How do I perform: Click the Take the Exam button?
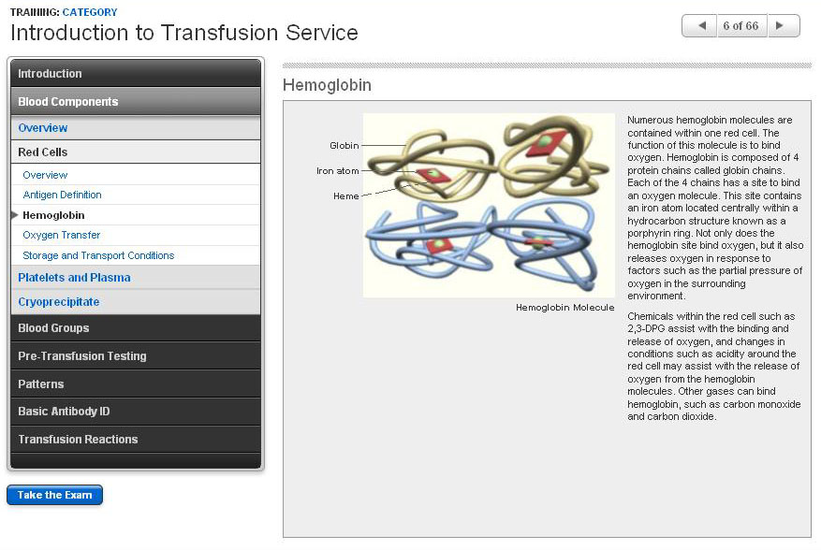coord(54,495)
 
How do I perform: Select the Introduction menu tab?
coord(136,73)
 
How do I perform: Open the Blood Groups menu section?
coord(136,328)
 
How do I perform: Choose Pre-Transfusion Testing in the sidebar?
coord(136,355)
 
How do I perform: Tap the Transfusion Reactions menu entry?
coord(136,439)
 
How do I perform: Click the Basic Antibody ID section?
coord(136,412)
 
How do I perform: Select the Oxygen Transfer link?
coord(61,235)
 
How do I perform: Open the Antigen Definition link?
coord(62,195)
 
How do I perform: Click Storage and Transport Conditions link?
coord(98,255)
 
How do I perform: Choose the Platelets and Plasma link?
coord(74,278)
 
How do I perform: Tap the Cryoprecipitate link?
coord(59,302)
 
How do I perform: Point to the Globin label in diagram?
coord(344,146)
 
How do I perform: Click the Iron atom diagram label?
coord(338,170)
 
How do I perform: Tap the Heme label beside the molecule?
coord(346,196)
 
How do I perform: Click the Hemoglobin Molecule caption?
coord(564,307)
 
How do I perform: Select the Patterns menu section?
coord(136,384)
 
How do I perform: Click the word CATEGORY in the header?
coord(90,12)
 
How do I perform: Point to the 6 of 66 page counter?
coord(740,25)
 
